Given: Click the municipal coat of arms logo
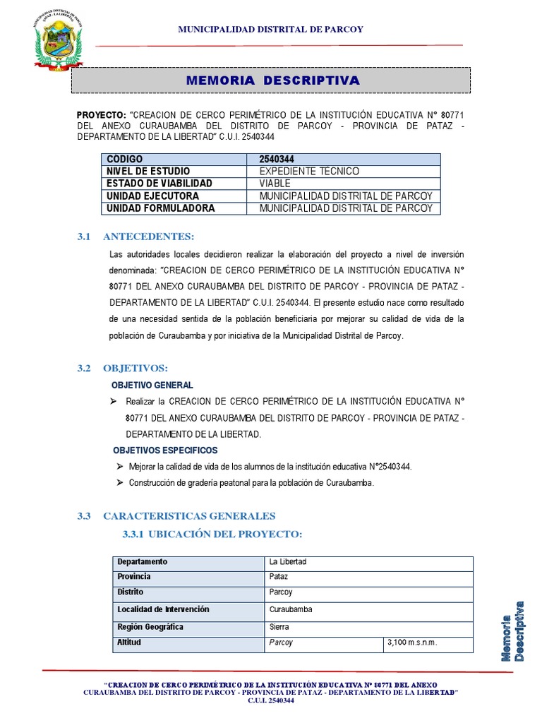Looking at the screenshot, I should pos(58,41).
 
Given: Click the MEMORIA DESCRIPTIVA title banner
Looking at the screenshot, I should pos(272,80).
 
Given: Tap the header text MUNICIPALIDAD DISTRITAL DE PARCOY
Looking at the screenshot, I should pos(271,29).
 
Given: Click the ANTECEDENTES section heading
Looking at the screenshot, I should pos(148,236).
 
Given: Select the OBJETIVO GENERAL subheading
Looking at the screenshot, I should pos(152,386).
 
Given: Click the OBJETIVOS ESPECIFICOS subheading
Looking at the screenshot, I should pos(165,450).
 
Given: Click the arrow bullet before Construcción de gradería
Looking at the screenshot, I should pos(119,483).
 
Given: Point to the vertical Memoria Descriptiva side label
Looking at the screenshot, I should pos(513,631).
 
